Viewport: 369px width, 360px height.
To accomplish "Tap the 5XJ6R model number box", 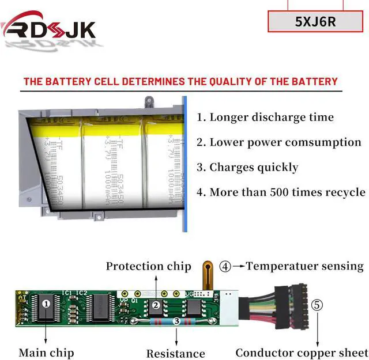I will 315,22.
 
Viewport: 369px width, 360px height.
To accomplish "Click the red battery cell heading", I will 180,81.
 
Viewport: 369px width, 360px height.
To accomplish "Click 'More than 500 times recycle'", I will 281,192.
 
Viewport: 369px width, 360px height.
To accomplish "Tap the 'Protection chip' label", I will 148,266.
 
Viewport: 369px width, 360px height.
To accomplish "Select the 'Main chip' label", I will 46,352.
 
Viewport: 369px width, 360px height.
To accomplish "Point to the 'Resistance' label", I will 175,353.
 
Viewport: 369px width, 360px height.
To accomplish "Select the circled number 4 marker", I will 225,267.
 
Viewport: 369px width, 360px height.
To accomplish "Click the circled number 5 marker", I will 317,305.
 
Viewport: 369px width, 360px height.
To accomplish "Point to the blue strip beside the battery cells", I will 185,164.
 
